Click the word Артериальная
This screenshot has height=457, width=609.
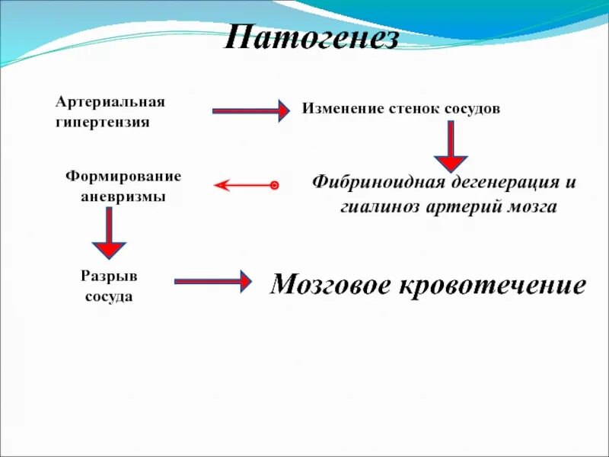(110, 101)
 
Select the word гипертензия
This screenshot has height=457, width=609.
(101, 122)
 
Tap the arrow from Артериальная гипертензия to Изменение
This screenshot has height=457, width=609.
(250, 111)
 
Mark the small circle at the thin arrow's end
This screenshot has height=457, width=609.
(275, 185)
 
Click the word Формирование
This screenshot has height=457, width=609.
(123, 176)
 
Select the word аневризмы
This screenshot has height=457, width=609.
(123, 196)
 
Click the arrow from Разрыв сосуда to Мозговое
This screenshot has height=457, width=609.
(212, 280)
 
